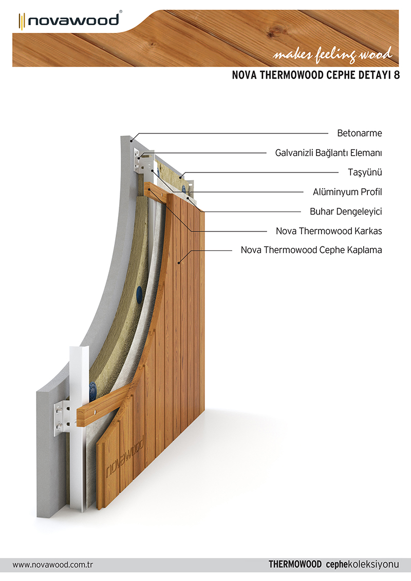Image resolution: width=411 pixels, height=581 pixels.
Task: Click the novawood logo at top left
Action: [69, 21]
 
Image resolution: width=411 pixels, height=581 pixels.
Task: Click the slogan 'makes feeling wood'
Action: [332, 54]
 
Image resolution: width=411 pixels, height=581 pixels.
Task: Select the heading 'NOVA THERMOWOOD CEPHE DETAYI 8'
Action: [315, 75]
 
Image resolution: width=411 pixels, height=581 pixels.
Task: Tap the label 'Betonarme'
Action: [359, 133]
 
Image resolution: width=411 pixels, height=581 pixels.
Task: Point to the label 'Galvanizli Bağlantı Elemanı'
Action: [328, 152]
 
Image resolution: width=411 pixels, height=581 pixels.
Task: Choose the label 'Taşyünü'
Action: [365, 172]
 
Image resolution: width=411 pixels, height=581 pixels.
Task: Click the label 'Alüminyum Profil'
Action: [347, 192]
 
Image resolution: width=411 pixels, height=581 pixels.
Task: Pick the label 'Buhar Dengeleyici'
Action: [346, 211]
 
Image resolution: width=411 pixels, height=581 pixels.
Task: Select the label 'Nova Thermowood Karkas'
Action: [329, 231]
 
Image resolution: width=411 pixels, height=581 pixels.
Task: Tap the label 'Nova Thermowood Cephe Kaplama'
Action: [311, 250]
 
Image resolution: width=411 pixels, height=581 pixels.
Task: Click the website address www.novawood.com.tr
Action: [53, 565]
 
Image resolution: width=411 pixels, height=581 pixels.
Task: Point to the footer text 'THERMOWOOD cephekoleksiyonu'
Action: [334, 565]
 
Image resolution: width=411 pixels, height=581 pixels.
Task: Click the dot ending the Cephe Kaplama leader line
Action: [179, 263]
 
